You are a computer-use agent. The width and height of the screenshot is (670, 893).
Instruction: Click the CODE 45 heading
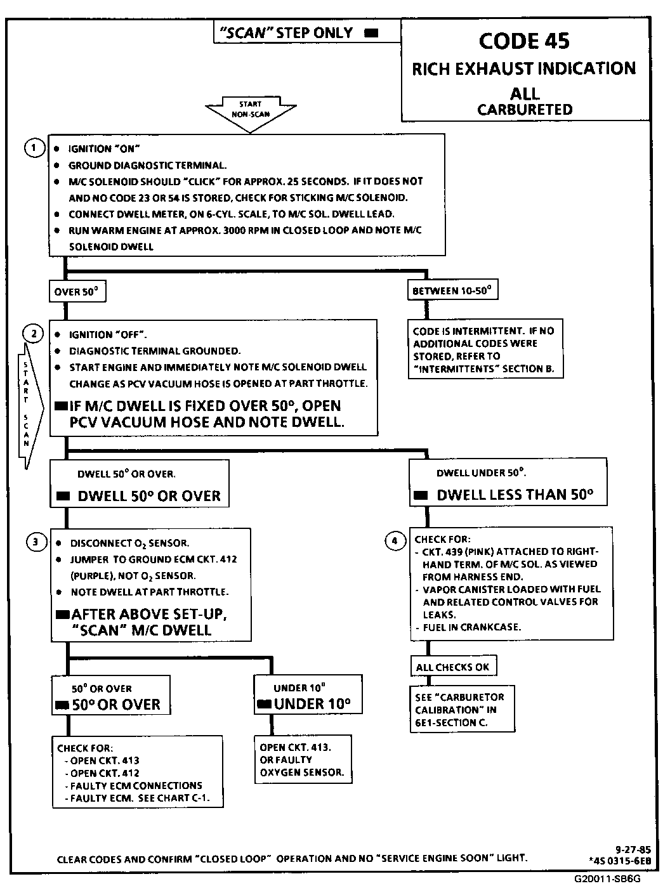point(524,41)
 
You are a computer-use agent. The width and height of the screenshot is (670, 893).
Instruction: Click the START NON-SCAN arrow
point(251,112)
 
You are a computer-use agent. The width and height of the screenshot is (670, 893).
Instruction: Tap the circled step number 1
point(34,148)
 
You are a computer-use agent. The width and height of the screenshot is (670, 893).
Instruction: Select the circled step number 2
point(33,334)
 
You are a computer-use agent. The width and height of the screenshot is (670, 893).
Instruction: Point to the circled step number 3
point(36,542)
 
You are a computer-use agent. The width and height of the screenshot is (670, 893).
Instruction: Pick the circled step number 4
point(395,540)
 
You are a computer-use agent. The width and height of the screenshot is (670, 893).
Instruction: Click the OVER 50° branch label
point(77,292)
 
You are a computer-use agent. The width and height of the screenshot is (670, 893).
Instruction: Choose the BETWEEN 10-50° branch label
point(452,291)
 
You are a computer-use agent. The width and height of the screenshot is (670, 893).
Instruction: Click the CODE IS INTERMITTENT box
point(485,349)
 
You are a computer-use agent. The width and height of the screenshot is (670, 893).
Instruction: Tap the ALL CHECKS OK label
point(453,667)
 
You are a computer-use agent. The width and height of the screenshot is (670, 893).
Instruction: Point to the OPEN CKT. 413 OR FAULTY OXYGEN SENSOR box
point(303,759)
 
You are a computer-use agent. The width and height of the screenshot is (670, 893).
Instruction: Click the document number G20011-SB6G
point(607,879)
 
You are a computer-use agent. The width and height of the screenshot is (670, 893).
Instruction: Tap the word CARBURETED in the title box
point(525,110)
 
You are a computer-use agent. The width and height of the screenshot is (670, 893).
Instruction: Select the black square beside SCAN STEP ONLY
point(372,33)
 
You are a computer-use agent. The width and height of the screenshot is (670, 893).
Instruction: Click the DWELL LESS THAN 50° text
point(515,495)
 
